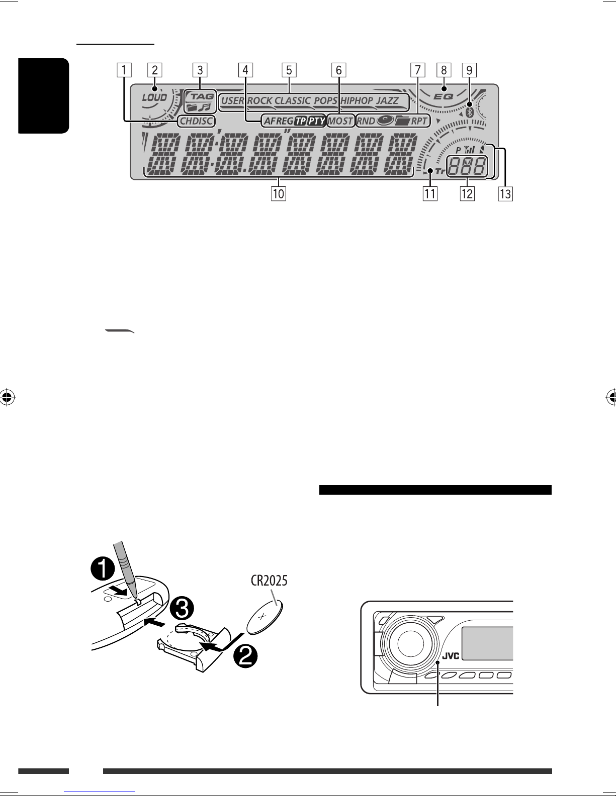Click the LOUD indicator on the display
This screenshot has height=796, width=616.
point(154,97)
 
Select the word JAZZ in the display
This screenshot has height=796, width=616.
point(388,100)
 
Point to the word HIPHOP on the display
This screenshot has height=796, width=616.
point(357,100)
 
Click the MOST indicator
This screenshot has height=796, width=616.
point(340,121)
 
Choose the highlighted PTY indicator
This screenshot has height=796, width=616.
point(316,121)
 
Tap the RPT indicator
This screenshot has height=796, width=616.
point(419,121)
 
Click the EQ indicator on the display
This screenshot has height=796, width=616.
point(444,97)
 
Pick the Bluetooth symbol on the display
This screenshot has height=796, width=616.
point(469,112)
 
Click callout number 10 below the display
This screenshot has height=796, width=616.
point(278,193)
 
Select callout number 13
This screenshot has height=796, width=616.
point(505,193)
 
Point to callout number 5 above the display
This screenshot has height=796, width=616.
point(289,70)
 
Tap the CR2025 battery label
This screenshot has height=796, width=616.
point(269,581)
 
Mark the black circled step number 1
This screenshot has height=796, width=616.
point(103,570)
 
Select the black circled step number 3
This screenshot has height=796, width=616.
point(182,609)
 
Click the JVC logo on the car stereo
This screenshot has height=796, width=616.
point(451,656)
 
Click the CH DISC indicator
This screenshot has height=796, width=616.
point(196,121)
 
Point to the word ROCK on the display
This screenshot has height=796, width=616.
point(259,100)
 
